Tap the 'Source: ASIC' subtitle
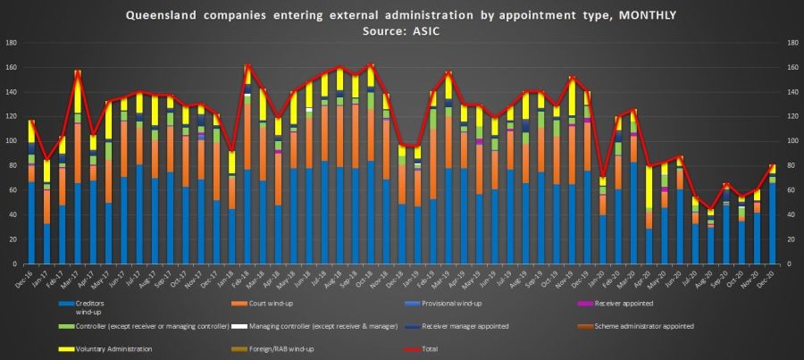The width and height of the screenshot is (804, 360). click(401, 29)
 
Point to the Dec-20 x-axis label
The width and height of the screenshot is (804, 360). click(771, 278)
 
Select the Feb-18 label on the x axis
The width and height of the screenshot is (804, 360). click(246, 278)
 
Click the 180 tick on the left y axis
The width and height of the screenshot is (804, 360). click(11, 43)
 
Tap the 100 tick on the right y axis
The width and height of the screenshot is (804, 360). click(791, 141)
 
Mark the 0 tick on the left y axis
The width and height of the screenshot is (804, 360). click(15, 264)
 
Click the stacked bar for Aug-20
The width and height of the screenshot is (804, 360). click(711, 241)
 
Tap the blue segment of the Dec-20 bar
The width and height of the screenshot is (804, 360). click(773, 223)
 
